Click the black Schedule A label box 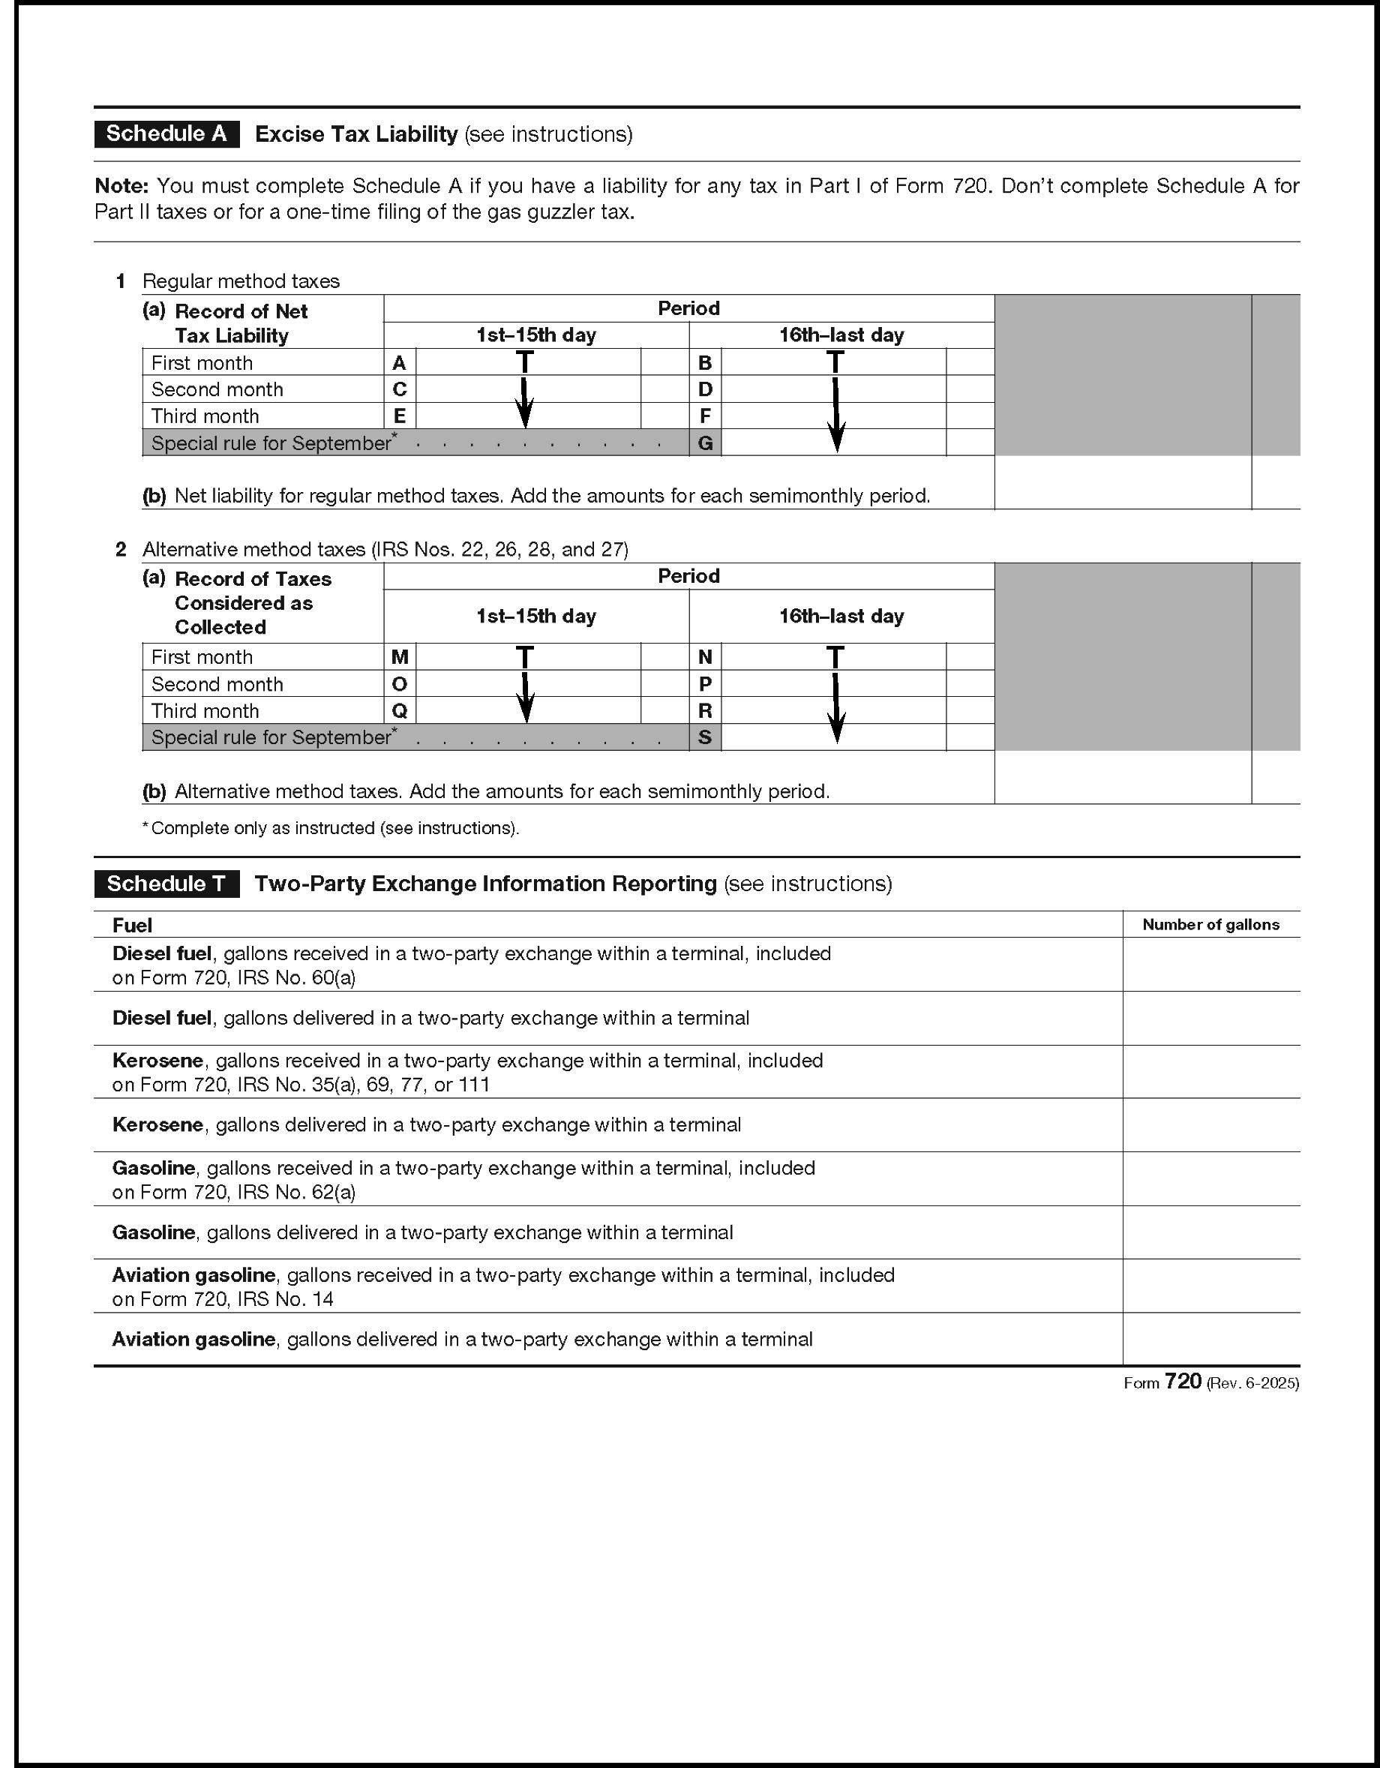[166, 134]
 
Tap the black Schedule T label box [166, 883]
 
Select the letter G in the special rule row [705, 443]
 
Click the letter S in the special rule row [705, 737]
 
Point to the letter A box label [399, 362]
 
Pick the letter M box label [399, 656]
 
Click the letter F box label [705, 416]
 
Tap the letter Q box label [399, 711]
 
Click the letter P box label [705, 684]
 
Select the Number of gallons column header [1210, 924]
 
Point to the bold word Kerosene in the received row [157, 1061]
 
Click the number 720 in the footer [1183, 1382]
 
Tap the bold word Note [121, 186]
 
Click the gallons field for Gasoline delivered [1210, 1232]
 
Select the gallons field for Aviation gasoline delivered [1210, 1339]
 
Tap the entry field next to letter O [527, 684]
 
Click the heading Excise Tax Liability [356, 134]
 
